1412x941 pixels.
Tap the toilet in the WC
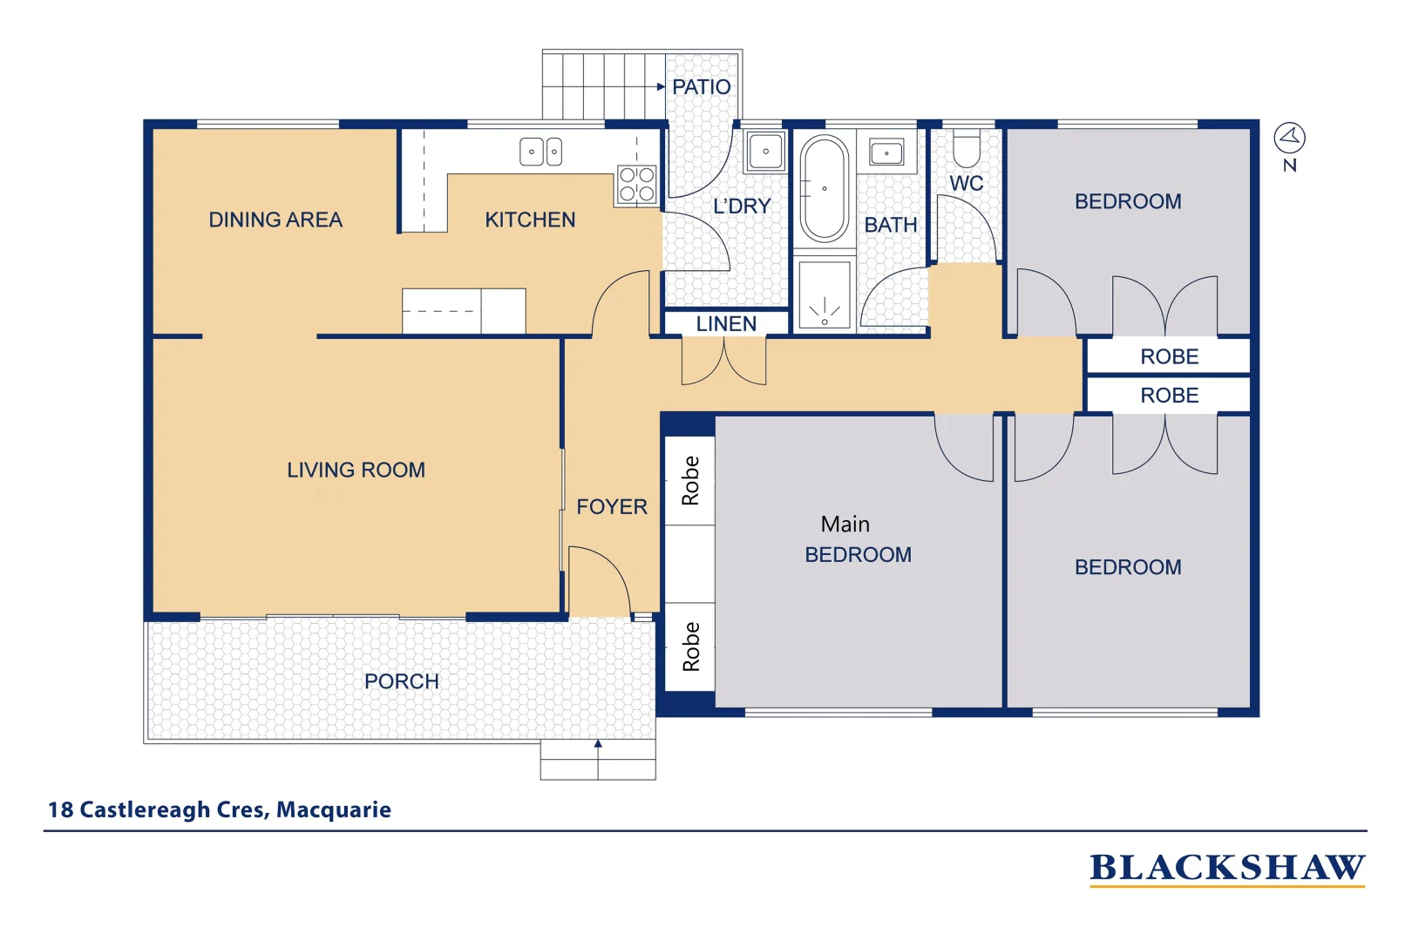point(966,148)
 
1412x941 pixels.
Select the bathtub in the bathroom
point(824,188)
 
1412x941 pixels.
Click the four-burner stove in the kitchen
point(636,184)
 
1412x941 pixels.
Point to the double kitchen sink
point(541,152)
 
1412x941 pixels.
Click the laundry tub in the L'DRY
point(765,152)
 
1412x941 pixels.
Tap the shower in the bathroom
point(824,295)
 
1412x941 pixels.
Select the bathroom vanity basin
point(886,152)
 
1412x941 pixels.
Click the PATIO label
point(702,87)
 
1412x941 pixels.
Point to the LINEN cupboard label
point(726,324)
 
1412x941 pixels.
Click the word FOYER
point(612,507)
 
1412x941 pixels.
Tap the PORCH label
point(402,681)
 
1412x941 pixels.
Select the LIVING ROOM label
point(356,470)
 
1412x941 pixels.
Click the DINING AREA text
point(275,220)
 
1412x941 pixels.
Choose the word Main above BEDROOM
point(845,524)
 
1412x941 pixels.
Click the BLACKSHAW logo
point(1227,870)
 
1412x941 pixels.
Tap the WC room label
point(967,184)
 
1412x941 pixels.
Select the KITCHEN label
point(530,220)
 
